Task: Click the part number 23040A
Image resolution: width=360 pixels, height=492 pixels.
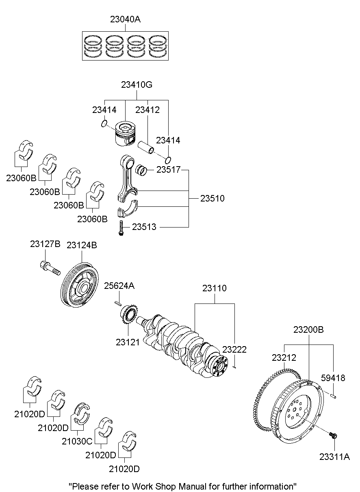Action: [x=125, y=19]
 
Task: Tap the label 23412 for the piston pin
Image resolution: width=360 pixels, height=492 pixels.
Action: [x=147, y=110]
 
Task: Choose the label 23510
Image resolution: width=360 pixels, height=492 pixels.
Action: [x=212, y=199]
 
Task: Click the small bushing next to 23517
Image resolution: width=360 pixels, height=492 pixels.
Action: [x=141, y=170]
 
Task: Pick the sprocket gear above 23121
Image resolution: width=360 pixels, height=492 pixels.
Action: [x=127, y=315]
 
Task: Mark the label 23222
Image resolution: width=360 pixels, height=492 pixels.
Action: [x=234, y=349]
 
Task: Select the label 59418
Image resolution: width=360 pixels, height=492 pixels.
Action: [x=333, y=378]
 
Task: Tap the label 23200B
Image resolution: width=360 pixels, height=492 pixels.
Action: [x=308, y=329]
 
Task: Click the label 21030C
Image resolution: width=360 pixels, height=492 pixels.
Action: [x=77, y=441]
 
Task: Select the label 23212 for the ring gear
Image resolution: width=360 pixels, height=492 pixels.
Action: [x=284, y=358]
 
